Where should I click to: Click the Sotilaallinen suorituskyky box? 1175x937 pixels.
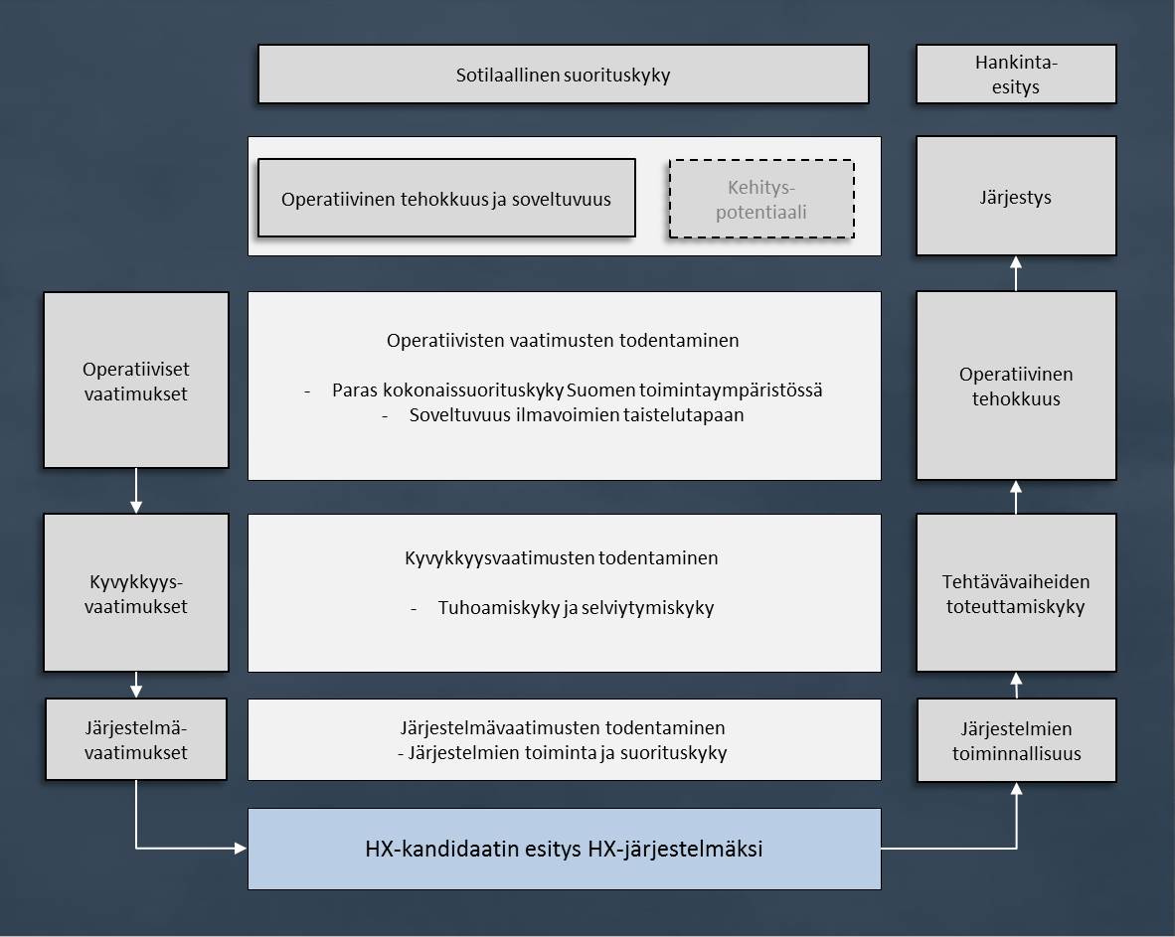(563, 75)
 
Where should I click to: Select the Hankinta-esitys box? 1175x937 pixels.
(1015, 75)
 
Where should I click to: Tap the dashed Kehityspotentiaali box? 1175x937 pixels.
(761, 199)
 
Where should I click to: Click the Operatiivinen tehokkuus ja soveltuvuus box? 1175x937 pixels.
(446, 199)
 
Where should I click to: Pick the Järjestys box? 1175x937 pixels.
(1015, 197)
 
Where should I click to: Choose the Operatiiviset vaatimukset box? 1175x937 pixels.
(135, 380)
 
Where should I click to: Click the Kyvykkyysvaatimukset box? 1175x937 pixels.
(135, 592)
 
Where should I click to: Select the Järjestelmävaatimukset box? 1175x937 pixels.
(135, 739)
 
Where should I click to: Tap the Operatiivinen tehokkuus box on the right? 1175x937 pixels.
(1015, 386)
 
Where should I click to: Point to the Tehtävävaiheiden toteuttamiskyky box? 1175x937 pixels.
(1015, 593)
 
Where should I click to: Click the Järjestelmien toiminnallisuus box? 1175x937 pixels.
(1015, 740)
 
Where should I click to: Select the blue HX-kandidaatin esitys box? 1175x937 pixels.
(564, 849)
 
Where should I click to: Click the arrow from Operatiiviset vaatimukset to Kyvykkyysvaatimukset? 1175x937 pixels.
(136, 491)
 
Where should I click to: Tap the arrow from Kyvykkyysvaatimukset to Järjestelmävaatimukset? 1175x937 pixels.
(136, 685)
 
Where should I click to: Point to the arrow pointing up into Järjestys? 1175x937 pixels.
(1016, 272)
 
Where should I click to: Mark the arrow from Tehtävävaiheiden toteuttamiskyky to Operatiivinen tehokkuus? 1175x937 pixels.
(1016, 497)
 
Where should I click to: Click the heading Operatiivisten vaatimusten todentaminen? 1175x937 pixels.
(563, 340)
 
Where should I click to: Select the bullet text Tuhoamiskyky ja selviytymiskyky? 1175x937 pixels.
(576, 607)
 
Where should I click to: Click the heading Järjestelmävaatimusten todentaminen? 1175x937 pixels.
(563, 727)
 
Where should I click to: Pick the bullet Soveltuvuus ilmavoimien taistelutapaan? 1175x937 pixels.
(577, 415)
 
